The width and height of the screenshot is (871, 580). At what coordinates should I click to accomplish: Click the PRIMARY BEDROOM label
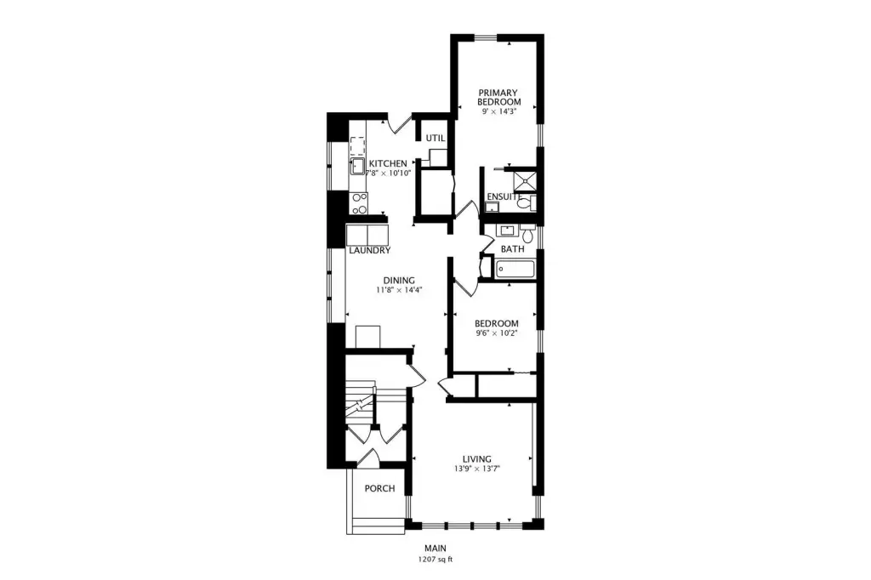pos(498,97)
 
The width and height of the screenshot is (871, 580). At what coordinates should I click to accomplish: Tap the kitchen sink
pos(356,166)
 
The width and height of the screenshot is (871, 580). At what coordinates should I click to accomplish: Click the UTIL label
pos(435,138)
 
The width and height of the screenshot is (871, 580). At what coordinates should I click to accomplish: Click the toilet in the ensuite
pos(525,203)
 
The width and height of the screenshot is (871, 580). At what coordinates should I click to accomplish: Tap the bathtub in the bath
pos(515,270)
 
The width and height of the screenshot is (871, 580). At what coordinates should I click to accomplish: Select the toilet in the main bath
pos(527,234)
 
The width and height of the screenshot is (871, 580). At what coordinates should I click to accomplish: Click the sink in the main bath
pos(507,230)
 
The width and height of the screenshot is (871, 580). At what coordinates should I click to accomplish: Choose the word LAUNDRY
pos(369,251)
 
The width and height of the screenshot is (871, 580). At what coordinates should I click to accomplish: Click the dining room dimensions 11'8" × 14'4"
pos(399,289)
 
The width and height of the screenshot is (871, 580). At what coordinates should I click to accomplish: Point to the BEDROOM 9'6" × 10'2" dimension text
pos(496,333)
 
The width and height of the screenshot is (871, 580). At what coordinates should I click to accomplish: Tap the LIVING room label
pos(476,459)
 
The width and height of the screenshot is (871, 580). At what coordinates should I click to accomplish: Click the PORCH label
pos(379,488)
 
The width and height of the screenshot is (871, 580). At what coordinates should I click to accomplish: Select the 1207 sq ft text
pos(435,560)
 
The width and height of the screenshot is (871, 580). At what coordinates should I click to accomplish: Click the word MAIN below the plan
pos(435,549)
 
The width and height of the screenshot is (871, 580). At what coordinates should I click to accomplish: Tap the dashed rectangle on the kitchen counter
pos(356,145)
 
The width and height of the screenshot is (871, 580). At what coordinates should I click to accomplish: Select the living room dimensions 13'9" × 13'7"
pos(476,469)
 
